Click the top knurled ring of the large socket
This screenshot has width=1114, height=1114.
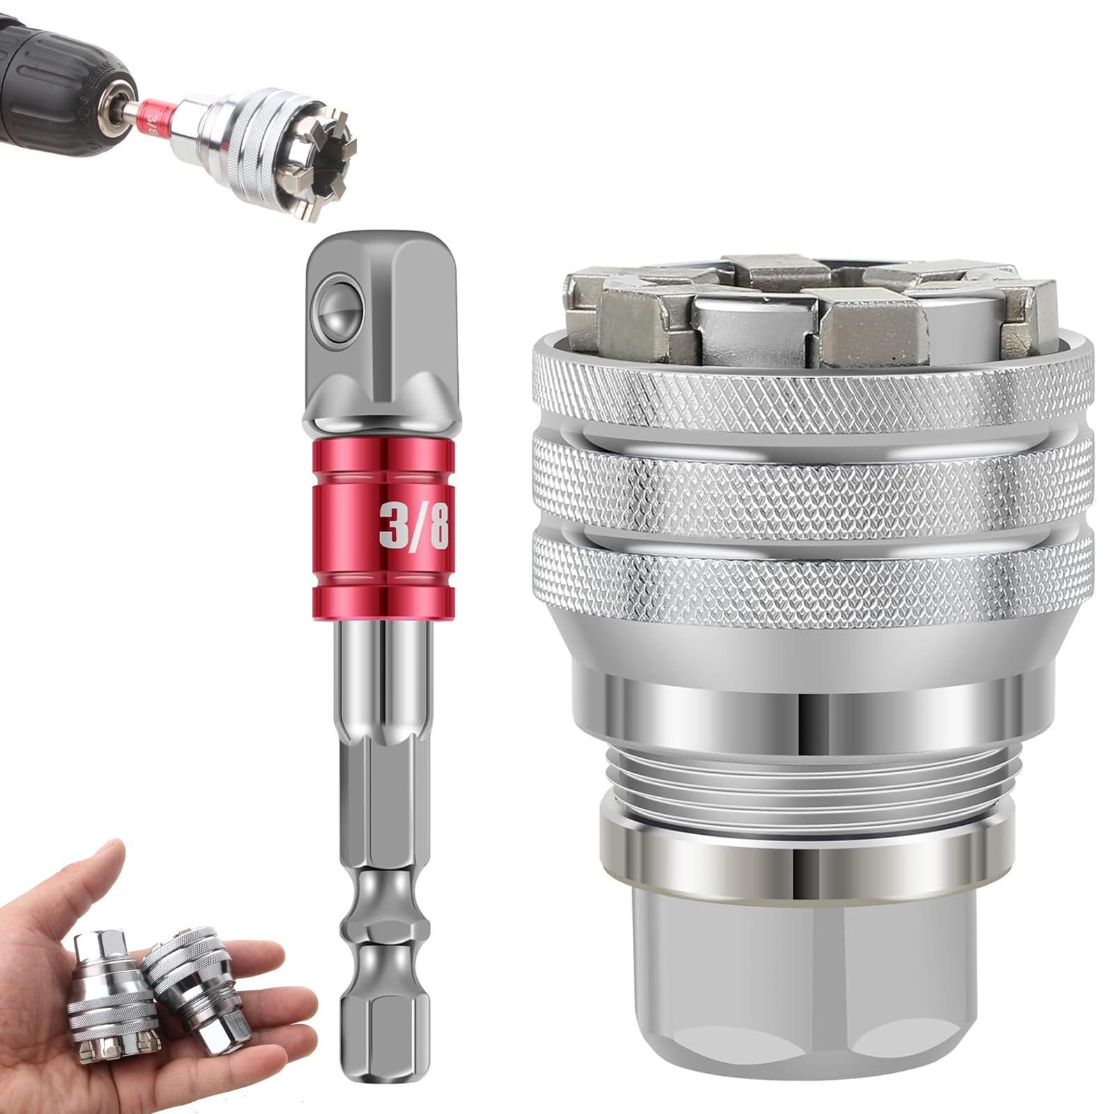tap(811, 393)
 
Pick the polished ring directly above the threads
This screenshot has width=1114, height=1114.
tap(811, 717)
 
